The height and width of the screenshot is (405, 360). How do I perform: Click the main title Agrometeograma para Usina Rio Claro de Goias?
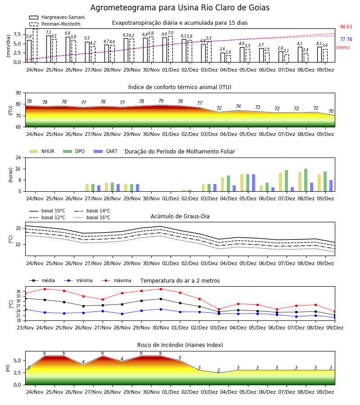click(180, 8)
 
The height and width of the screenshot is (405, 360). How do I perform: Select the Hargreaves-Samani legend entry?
click(57, 17)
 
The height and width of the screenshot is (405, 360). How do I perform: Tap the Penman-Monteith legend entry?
click(55, 24)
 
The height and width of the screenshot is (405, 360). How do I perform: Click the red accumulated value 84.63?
click(346, 27)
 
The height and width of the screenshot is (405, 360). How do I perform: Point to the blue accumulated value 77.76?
click(346, 39)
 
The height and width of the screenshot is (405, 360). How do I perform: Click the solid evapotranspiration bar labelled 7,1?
click(49, 49)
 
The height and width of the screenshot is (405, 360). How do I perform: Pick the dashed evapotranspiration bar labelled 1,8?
click(229, 59)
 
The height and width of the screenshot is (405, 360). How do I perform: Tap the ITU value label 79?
click(161, 101)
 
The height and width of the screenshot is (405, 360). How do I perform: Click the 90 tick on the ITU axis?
click(18, 93)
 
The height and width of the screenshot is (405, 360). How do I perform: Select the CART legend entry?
click(106, 151)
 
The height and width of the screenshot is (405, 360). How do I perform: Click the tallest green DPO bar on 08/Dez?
click(306, 180)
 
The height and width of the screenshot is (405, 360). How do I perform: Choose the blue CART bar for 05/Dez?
click(254, 183)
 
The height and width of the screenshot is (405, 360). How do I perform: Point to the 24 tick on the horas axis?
click(18, 157)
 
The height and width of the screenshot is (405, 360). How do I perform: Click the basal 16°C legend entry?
click(92, 217)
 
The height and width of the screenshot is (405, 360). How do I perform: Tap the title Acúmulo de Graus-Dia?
click(180, 216)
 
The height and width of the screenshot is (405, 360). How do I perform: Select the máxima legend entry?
click(117, 280)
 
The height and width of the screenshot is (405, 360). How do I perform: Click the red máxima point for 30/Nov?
click(161, 289)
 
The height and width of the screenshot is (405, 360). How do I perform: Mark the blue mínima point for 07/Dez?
click(296, 316)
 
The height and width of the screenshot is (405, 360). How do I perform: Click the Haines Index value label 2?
click(219, 370)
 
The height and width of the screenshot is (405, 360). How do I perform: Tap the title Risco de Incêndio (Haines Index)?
click(180, 345)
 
